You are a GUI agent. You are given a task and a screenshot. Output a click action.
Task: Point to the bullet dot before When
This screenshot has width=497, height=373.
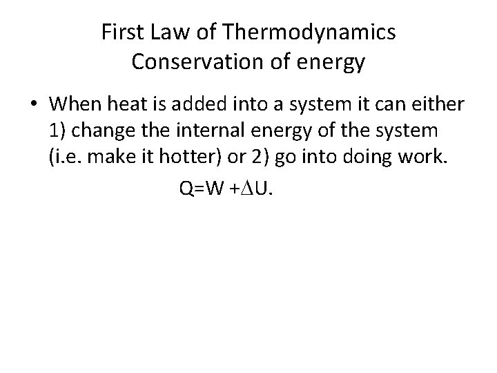(x=34, y=104)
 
